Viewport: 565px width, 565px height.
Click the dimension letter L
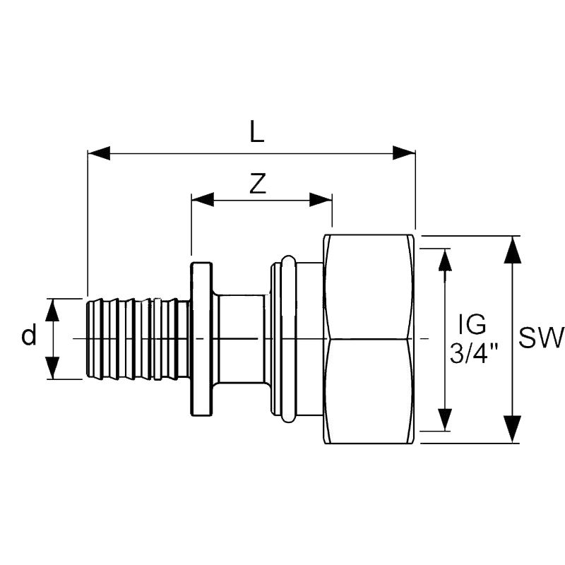coord(256,132)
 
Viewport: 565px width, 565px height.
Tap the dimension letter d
coord(28,337)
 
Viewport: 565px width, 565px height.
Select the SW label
coord(541,338)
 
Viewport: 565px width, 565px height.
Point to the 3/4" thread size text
coord(474,352)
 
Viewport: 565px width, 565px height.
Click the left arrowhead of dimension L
coord(98,153)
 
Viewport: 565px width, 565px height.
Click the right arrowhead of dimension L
coord(404,153)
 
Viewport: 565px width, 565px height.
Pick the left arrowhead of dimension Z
coord(203,201)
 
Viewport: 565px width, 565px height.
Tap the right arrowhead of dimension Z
coord(321,201)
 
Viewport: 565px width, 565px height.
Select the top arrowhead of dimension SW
coord(513,249)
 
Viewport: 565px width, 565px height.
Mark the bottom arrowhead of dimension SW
coord(513,430)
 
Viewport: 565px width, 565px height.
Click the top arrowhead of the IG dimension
coord(444,260)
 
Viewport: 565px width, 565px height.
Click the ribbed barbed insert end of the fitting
coord(138,339)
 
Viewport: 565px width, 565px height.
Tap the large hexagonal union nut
coord(369,339)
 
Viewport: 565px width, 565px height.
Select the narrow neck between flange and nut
coord(241,339)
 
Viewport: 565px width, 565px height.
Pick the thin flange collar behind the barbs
coord(201,339)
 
